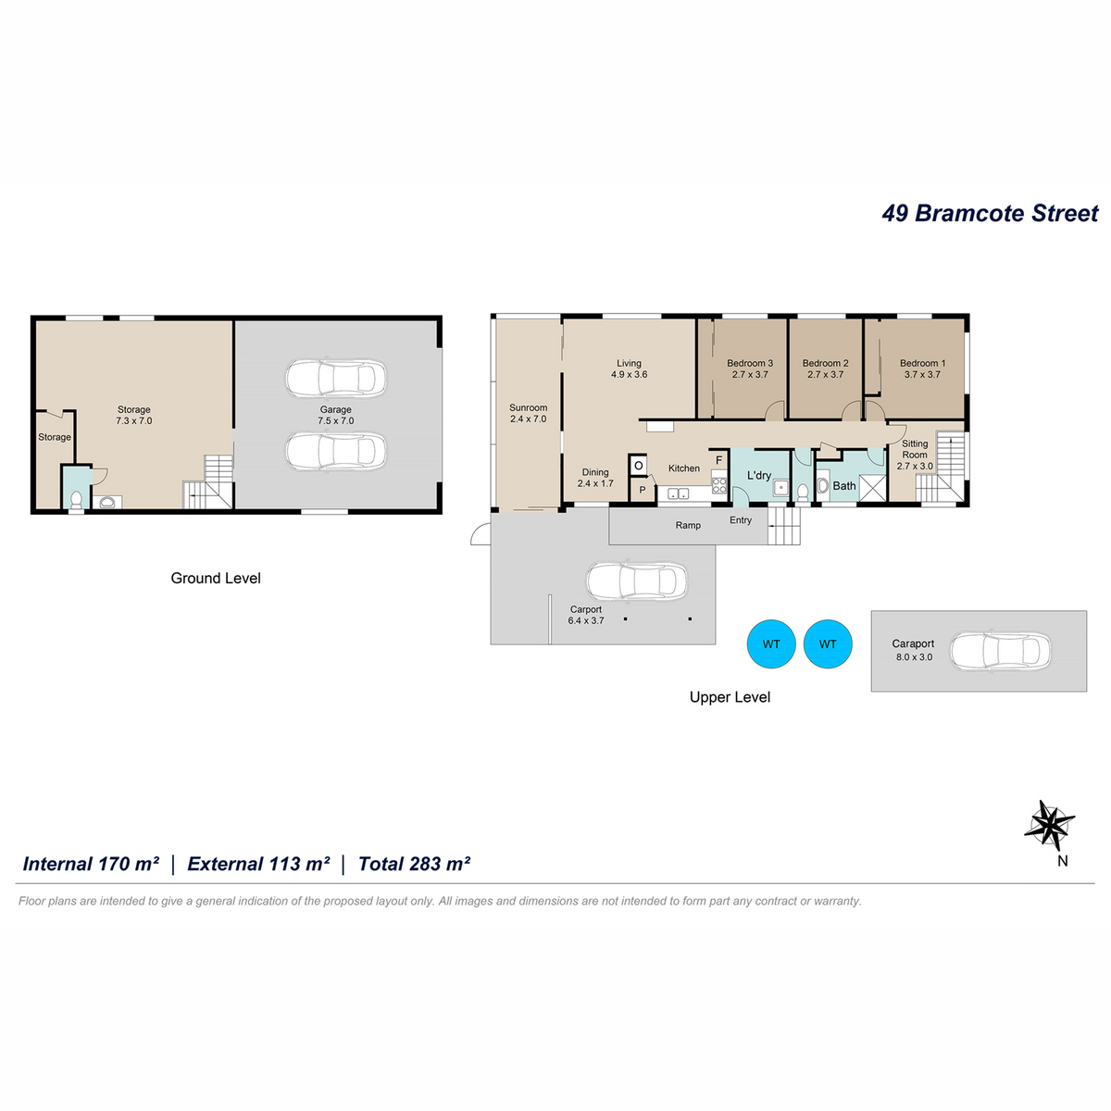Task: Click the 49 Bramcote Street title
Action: click(x=990, y=213)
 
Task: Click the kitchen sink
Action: click(x=678, y=493)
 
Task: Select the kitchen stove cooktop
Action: click(x=719, y=485)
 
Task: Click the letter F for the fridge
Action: click(x=719, y=460)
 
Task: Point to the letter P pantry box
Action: click(x=642, y=491)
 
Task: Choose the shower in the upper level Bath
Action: click(x=872, y=488)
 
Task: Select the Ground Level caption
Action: click(x=216, y=579)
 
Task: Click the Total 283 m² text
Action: click(x=414, y=864)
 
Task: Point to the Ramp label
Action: click(x=688, y=525)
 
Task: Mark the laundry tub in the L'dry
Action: click(x=780, y=488)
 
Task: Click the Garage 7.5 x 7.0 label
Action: click(x=335, y=415)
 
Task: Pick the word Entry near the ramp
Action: click(x=741, y=520)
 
